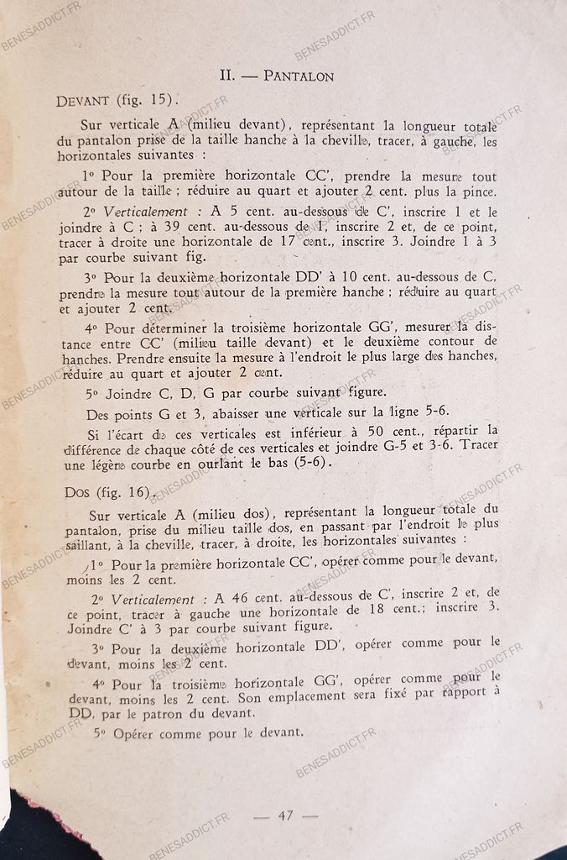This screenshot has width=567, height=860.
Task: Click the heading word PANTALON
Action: pyautogui.click(x=299, y=76)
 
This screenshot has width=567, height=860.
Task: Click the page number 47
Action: pyautogui.click(x=285, y=815)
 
